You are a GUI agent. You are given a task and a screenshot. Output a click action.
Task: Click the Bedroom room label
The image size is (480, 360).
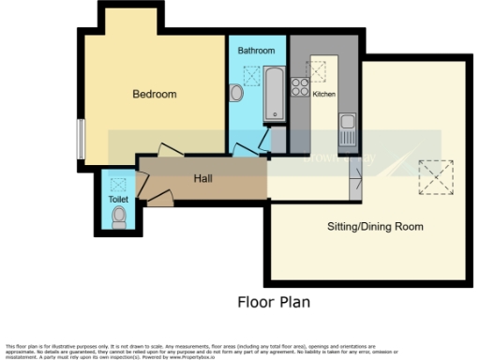click(x=154, y=95)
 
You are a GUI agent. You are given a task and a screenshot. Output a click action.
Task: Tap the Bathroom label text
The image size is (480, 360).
click(x=255, y=50)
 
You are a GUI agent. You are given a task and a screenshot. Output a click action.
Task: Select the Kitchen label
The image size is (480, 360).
click(x=323, y=95)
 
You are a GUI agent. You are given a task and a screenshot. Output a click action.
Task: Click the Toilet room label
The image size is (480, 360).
click(x=118, y=200)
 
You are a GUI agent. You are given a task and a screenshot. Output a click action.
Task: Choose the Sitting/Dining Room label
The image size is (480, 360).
click(x=375, y=226)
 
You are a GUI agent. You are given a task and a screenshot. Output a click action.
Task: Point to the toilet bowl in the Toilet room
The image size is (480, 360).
click(x=118, y=218)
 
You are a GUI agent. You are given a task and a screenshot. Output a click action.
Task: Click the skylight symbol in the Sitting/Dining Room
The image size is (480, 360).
click(x=434, y=175)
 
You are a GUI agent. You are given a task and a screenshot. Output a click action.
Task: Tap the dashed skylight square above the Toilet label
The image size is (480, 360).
click(x=119, y=184)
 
